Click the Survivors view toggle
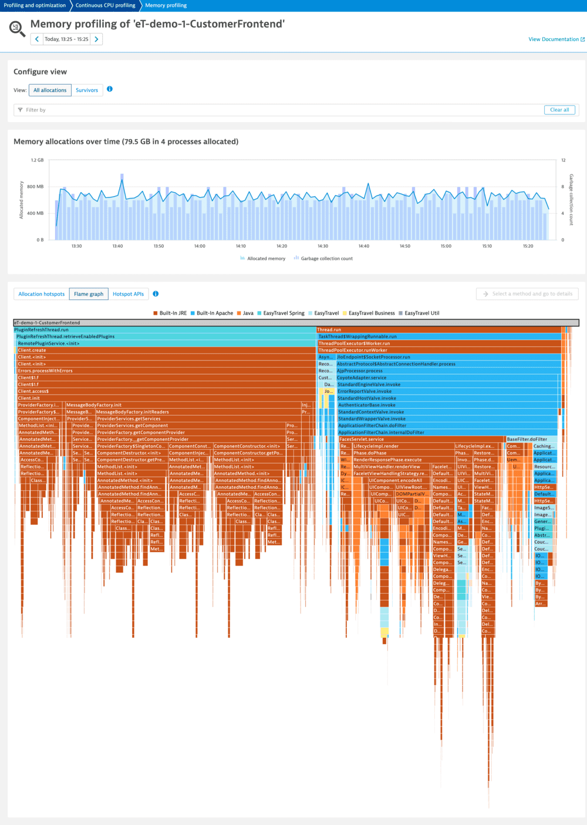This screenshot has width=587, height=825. [x=87, y=90]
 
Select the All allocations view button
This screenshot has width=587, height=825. [x=50, y=90]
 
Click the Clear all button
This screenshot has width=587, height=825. [x=559, y=110]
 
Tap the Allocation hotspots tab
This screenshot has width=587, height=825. [x=41, y=294]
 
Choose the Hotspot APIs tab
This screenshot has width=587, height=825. [x=128, y=294]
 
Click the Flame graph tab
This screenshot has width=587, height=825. [x=89, y=294]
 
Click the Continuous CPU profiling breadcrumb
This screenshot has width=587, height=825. [x=105, y=5]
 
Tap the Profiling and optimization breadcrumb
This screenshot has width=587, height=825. [x=35, y=5]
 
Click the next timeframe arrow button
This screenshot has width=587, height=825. [x=97, y=39]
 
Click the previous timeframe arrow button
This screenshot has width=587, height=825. [x=37, y=39]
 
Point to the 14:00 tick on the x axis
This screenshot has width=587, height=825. [x=200, y=246]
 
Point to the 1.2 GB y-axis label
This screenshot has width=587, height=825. [x=37, y=160]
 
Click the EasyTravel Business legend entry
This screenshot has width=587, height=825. [x=371, y=313]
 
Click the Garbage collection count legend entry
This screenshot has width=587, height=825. [x=326, y=258]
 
